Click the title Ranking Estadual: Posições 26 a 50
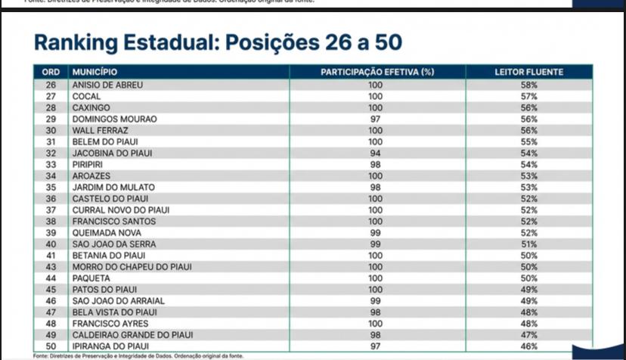coord(218,42)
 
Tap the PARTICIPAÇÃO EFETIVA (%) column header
coord(377,73)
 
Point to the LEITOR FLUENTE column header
coord(528,73)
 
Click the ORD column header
coord(51,73)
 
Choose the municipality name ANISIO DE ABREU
coord(107,85)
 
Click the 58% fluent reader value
coord(528,85)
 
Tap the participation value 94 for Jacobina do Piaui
coord(376,154)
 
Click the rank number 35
coord(51,188)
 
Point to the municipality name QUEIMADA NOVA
coord(107,233)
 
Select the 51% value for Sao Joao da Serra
coord(528,244)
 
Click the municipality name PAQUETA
coord(91,278)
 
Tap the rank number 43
coord(51,267)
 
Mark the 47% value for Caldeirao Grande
coord(528,335)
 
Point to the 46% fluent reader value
coord(528,346)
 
